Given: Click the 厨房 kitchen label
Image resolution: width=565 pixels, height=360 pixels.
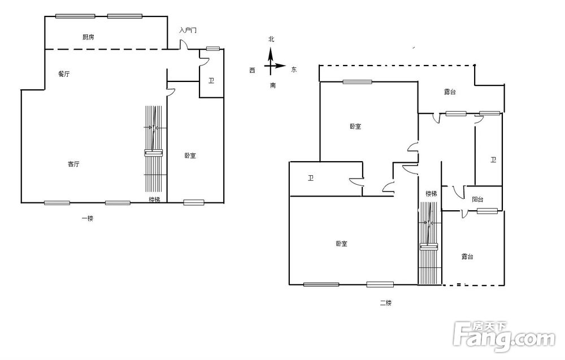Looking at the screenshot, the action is [88, 37].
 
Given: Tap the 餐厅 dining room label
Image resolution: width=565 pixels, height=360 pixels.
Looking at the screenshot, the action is [64, 74].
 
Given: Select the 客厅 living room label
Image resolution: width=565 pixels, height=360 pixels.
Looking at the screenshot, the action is [73, 164].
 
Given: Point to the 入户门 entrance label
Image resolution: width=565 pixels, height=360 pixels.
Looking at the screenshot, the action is [188, 30].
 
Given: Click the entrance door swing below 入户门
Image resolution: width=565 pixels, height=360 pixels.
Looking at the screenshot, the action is [184, 44].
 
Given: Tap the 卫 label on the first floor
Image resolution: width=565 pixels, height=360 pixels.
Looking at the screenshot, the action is [211, 81].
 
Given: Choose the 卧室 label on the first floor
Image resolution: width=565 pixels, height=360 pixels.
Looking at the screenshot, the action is [190, 155].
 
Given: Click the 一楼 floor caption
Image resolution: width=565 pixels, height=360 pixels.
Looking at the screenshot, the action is [88, 218].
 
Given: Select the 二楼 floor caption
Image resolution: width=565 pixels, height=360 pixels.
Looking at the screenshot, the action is [385, 303].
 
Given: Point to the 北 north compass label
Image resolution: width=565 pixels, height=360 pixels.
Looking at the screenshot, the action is [271, 39].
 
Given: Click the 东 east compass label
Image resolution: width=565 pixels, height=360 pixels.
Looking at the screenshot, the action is [294, 70].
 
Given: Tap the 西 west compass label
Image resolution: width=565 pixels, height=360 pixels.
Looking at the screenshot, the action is [252, 70].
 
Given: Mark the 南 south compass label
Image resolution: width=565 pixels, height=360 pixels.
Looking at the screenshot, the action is [273, 85].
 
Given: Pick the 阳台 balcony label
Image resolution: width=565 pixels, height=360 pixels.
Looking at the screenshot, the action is [477, 199].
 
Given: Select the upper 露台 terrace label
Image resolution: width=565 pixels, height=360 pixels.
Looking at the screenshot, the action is [450, 92].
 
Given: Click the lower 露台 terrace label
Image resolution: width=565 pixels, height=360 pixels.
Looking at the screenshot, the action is [467, 257].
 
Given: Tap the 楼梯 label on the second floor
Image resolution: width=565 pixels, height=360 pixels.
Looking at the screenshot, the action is [431, 193].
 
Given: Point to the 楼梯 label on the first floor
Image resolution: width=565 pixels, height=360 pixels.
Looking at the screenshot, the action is [155, 199].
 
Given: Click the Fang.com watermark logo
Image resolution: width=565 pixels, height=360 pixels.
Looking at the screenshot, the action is [505, 336].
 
